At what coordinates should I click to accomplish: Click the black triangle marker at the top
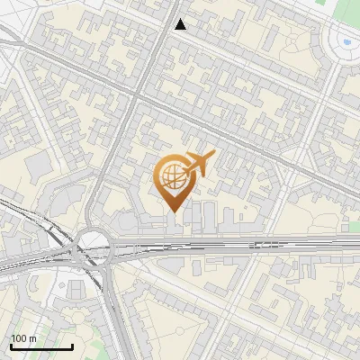click(181, 24)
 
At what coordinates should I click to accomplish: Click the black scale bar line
click(41, 346)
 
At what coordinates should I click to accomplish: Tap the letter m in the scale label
click(32, 338)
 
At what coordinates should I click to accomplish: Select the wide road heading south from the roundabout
click(115, 315)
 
